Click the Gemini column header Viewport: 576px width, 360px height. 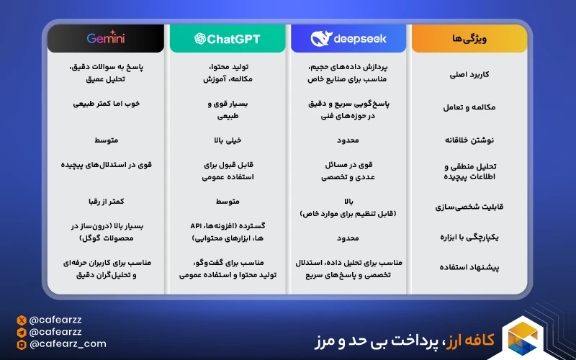click(x=105, y=38)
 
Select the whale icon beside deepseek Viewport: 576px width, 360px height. click(x=322, y=38)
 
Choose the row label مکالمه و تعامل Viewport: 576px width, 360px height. click(x=469, y=107)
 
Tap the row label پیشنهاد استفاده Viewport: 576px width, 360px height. click(x=469, y=267)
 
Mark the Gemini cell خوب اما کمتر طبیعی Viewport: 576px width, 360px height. click(x=106, y=104)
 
